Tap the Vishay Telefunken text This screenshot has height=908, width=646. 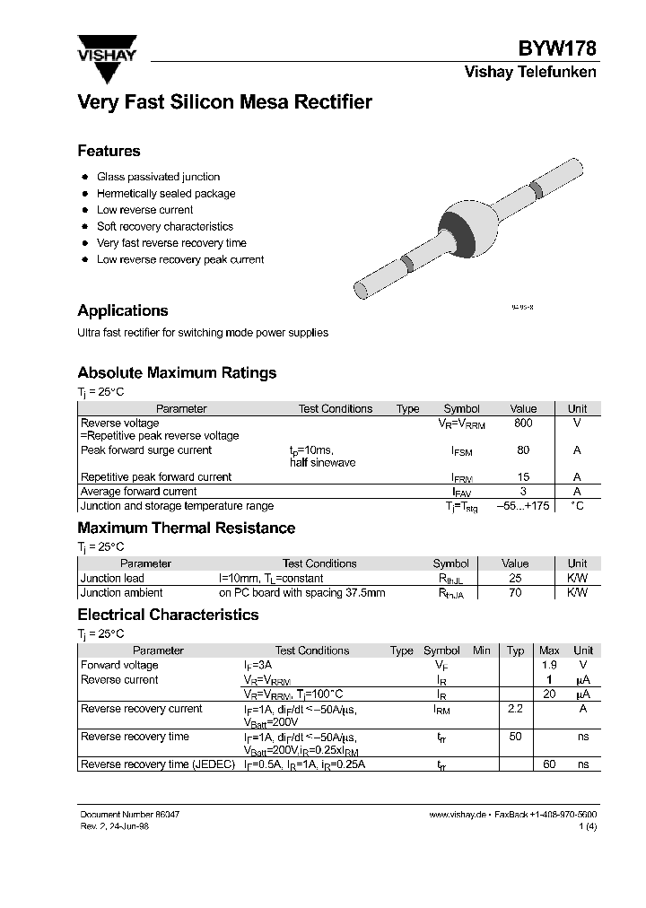click(529, 73)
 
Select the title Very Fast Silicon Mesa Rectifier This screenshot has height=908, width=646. click(224, 102)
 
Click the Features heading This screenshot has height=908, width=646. click(109, 151)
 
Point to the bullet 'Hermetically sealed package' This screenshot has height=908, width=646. click(166, 194)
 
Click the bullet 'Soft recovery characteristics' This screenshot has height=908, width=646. click(165, 227)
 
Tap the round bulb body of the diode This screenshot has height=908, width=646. click(467, 222)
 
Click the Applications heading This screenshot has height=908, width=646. click(123, 310)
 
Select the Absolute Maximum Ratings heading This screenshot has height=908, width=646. click(177, 372)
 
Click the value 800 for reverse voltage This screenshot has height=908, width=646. click(523, 423)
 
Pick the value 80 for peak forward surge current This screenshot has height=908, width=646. click(523, 450)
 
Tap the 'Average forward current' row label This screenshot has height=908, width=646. click(139, 492)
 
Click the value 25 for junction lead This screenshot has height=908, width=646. click(515, 579)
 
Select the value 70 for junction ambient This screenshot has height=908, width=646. click(515, 593)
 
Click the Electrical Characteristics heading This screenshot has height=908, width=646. click(168, 615)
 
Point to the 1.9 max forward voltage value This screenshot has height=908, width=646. click(549, 666)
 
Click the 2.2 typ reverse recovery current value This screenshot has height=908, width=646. click(515, 709)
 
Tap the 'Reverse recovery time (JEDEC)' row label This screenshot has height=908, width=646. click(158, 764)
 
